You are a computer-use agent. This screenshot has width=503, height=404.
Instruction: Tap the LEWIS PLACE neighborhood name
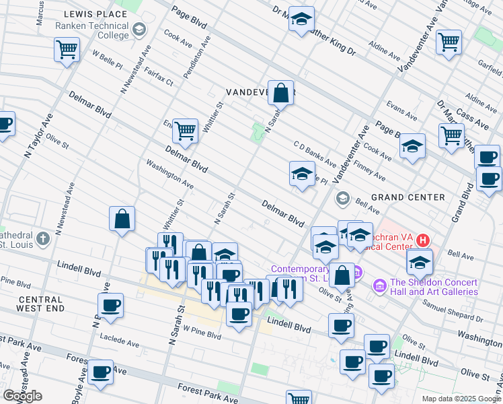point(95,13)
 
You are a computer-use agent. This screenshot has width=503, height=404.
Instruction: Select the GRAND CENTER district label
point(408,197)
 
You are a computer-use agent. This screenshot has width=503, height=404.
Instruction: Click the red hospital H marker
point(422,240)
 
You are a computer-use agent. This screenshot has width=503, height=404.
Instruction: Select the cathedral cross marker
point(42,238)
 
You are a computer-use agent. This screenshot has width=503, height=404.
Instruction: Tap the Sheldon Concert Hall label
point(434,287)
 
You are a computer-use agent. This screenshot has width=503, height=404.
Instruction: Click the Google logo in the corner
point(22,396)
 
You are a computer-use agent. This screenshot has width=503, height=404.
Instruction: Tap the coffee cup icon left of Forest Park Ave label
point(101,372)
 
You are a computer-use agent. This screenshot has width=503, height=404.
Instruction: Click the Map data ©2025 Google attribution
point(460,399)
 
